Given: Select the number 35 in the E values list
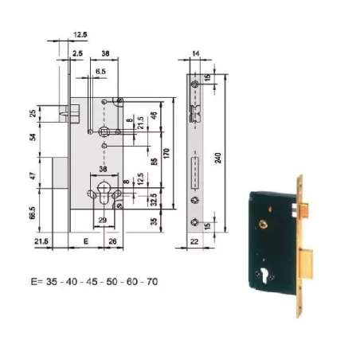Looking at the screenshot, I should [50, 281].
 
